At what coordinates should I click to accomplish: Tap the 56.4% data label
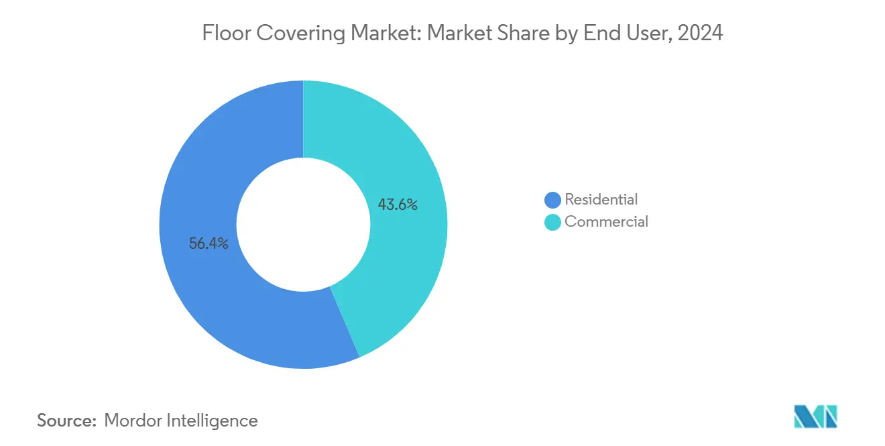click(x=209, y=244)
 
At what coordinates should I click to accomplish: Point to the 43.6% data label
click(x=398, y=205)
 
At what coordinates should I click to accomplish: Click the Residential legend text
click(x=601, y=199)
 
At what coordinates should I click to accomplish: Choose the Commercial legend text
click(x=606, y=221)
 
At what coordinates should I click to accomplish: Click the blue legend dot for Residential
click(x=553, y=200)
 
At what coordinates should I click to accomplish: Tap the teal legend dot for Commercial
click(x=553, y=222)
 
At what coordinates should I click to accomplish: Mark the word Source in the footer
click(x=65, y=421)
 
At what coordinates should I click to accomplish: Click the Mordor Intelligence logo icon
click(x=815, y=416)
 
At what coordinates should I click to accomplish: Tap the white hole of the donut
click(x=303, y=224)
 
